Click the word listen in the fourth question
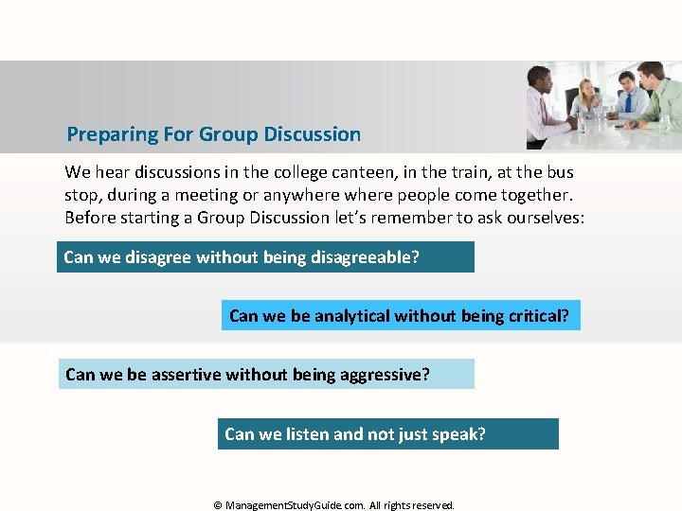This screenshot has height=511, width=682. tap(307, 434)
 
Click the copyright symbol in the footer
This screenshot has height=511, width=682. tap(218, 505)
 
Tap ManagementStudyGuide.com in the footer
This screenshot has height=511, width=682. tap(295, 505)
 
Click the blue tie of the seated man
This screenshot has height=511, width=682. tap(628, 102)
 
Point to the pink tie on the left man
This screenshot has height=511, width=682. tap(543, 112)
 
